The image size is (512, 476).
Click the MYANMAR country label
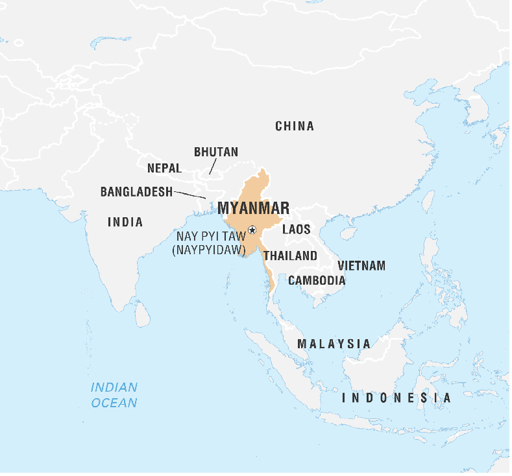coord(254,208)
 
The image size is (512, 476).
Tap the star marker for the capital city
coord(252,230)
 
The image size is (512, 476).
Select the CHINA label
coord(295,126)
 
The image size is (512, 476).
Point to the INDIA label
coord(125,222)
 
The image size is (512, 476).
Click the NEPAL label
coord(164,168)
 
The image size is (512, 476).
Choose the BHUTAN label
coord(216,152)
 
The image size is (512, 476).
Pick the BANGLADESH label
coord(136,192)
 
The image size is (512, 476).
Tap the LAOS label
coord(296,229)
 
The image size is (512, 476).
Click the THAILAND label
coord(290,256)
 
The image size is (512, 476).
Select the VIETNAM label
coord(361,265)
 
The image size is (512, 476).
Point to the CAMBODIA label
coord(317,280)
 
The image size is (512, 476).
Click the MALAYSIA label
coord(334,343)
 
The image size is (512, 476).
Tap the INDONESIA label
coord(396,398)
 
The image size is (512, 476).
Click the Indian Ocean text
coord(114,395)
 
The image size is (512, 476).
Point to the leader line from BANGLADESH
coord(190,194)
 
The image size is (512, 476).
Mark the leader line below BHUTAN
coord(212,167)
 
